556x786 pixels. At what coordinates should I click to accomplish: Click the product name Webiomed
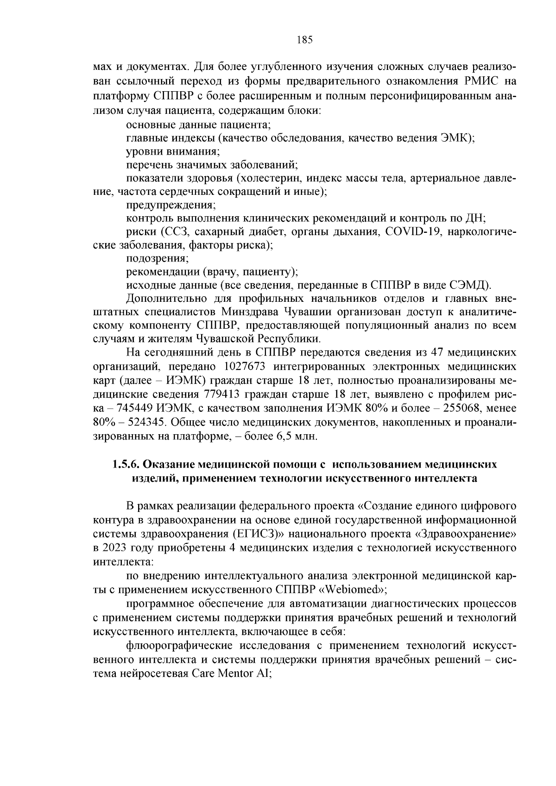coord(355,590)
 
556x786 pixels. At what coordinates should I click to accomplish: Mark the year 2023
coord(112,548)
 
